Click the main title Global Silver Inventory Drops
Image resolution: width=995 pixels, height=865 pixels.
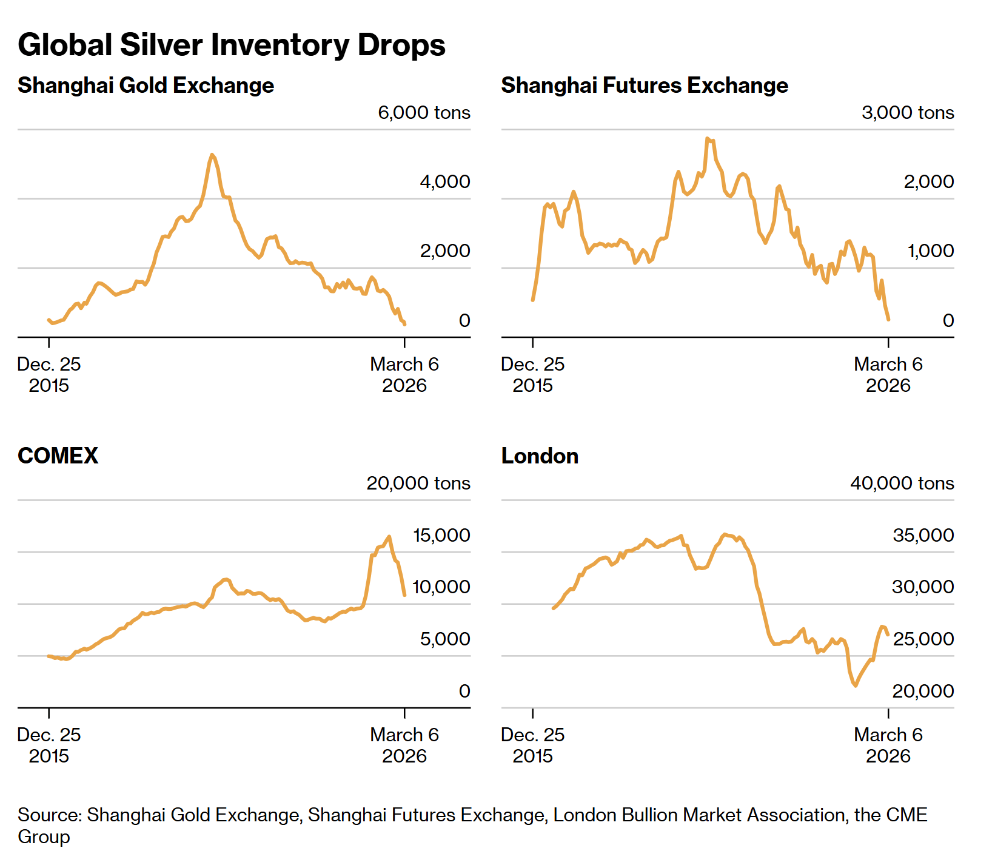(231, 45)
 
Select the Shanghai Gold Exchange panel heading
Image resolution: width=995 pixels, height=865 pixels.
(146, 86)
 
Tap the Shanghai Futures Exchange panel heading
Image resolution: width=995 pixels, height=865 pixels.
(645, 86)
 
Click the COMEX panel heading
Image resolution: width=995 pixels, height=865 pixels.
(58, 456)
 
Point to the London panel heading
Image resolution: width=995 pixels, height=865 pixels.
(540, 456)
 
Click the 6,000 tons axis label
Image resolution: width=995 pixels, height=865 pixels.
(424, 113)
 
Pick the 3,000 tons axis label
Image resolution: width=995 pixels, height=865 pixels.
(908, 113)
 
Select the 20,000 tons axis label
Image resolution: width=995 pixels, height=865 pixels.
(418, 483)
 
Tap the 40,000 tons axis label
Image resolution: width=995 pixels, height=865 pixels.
(902, 483)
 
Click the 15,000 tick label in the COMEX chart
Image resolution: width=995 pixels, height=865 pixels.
(441, 536)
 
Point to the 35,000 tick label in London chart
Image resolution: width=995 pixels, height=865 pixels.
(923, 536)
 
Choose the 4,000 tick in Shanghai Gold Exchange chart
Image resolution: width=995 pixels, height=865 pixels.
(444, 182)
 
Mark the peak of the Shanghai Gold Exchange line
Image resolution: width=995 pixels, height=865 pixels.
(212, 155)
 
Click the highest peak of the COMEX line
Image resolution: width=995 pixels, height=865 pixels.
(389, 536)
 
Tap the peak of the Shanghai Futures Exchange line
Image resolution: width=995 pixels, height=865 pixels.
(707, 139)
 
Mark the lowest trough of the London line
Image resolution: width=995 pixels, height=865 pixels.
(856, 685)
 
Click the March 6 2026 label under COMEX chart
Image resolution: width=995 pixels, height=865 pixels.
(404, 746)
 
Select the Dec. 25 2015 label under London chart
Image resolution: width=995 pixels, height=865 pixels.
(532, 746)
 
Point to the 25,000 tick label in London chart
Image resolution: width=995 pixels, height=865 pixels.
(923, 639)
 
